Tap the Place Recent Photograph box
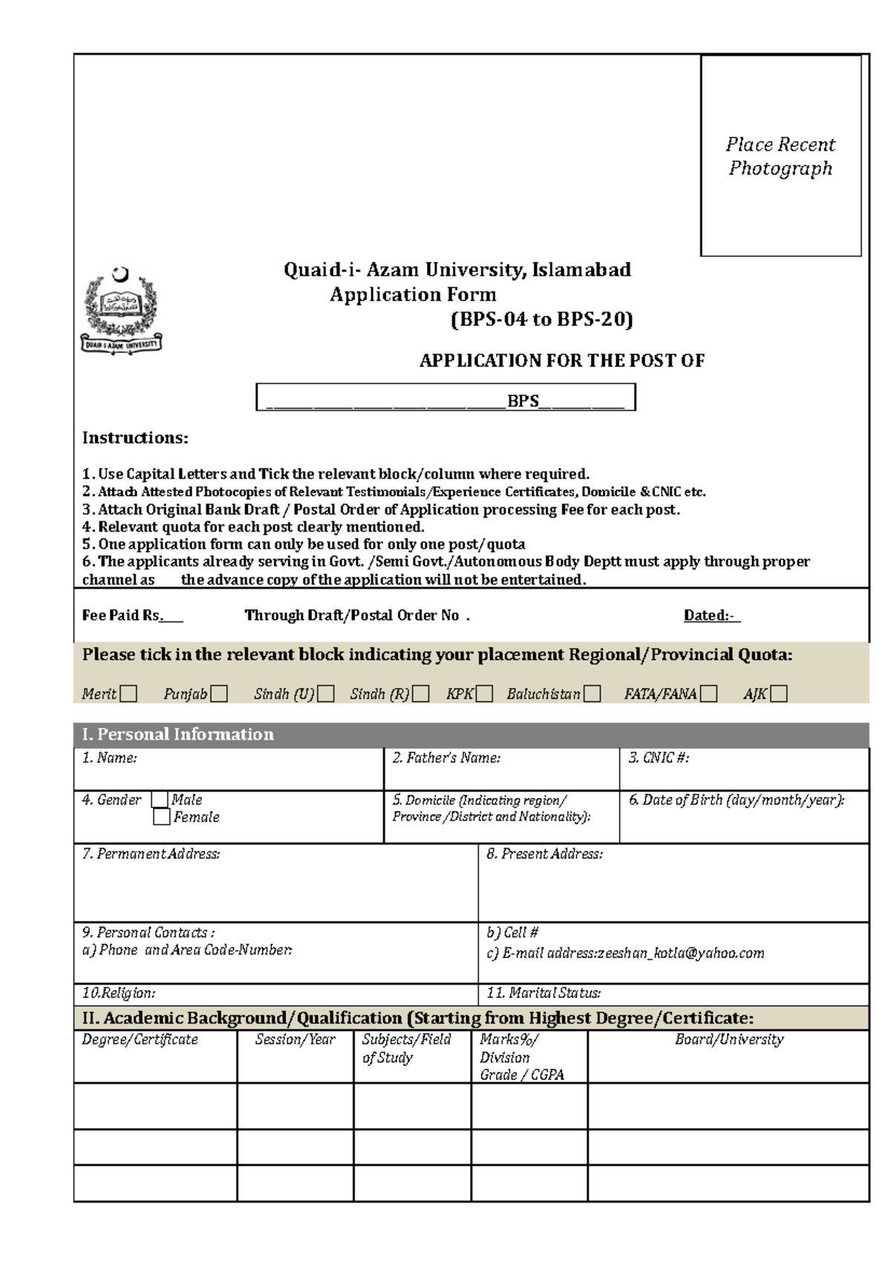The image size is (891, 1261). pyautogui.click(x=780, y=156)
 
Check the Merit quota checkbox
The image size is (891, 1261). pyautogui.click(x=129, y=694)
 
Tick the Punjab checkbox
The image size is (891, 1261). pyautogui.click(x=218, y=694)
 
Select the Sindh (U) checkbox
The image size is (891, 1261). pyautogui.click(x=326, y=694)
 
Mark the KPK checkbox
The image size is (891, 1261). pyautogui.click(x=484, y=694)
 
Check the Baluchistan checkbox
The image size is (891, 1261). pyautogui.click(x=592, y=694)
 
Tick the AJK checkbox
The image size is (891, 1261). pyautogui.click(x=778, y=694)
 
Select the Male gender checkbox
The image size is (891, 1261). pyautogui.click(x=160, y=800)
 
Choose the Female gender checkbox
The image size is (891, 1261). pyautogui.click(x=161, y=817)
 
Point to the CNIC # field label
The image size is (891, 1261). pyautogui.click(x=659, y=757)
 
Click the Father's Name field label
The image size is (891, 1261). pyautogui.click(x=446, y=757)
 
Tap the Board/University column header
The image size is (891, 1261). pyautogui.click(x=729, y=1040)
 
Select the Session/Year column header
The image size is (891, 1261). pyautogui.click(x=295, y=1040)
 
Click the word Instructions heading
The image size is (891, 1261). pyautogui.click(x=135, y=437)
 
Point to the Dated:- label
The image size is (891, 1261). pyautogui.click(x=711, y=615)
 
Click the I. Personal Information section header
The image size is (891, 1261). pyautogui.click(x=178, y=734)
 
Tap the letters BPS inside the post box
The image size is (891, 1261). pyautogui.click(x=523, y=401)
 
